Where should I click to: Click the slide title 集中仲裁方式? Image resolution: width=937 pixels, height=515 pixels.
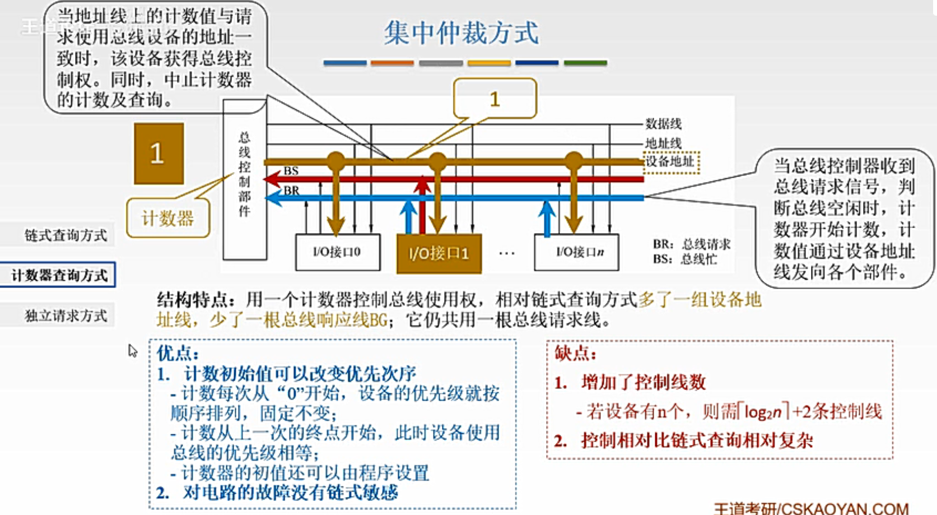pos(461,33)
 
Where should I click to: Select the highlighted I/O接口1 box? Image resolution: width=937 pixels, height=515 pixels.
pos(439,253)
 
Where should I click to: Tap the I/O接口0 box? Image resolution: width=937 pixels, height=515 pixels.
pos(337,252)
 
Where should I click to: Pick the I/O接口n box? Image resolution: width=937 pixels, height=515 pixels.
pos(577,252)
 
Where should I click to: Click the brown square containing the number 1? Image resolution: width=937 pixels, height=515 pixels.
pos(159,154)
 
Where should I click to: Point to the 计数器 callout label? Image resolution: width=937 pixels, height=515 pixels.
pos(167,218)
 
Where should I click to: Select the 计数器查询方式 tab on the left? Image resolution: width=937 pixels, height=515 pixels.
pos(59,275)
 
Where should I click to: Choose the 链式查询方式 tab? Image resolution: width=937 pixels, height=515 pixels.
pos(65,235)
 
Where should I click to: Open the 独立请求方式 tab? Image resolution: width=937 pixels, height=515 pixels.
pos(65,316)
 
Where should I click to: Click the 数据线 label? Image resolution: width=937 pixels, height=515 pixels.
pos(663,123)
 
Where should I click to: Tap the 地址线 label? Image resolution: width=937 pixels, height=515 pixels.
pos(663,143)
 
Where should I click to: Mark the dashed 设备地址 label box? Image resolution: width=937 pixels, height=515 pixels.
pos(670,162)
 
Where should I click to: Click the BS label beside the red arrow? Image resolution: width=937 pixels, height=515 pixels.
pos(291,170)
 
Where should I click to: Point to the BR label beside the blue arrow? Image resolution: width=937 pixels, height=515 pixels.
pos(291,191)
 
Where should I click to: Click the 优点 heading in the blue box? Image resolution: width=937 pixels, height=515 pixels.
pos(177,353)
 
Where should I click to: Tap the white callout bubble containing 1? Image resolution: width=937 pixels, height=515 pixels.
pos(495,99)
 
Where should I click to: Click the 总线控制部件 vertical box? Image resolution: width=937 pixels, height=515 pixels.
pos(244,179)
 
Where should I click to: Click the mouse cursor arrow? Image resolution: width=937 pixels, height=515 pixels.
pos(132,351)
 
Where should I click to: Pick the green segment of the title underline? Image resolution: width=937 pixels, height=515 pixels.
pos(585,63)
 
